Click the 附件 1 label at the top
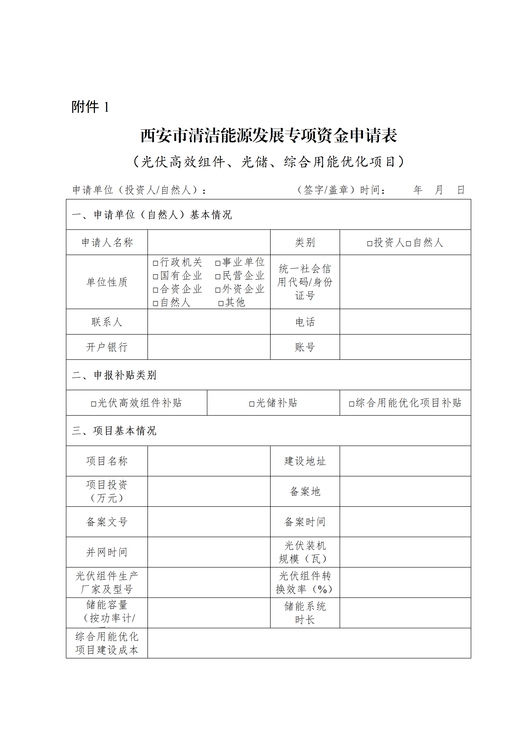pos(90,107)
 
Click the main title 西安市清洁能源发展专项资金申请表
pos(269,136)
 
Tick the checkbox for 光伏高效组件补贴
pos(94,404)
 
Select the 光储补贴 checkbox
pos(252,404)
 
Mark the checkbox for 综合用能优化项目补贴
pos(351,404)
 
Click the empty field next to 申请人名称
pos(209,242)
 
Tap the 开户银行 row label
pos(107,347)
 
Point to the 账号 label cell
pos(305,347)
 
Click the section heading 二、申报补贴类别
pos(114,375)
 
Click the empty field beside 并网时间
pos(209,552)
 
